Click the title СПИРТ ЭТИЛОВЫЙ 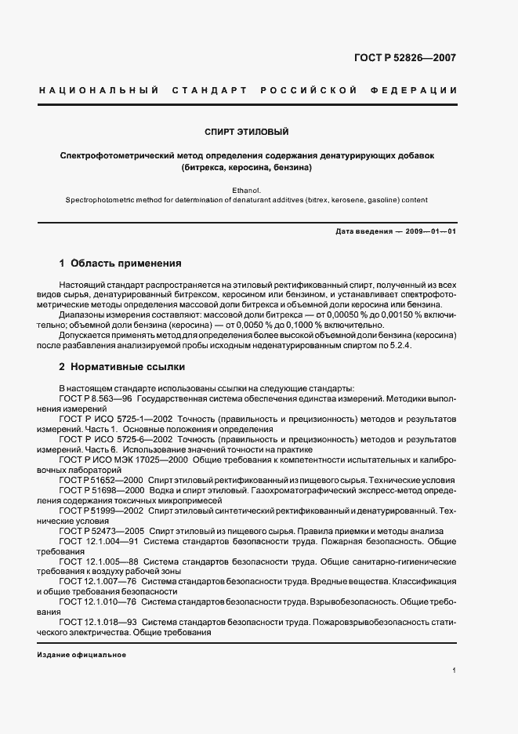click(247, 133)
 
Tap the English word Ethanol click(247, 191)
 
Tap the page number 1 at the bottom click(455, 671)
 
